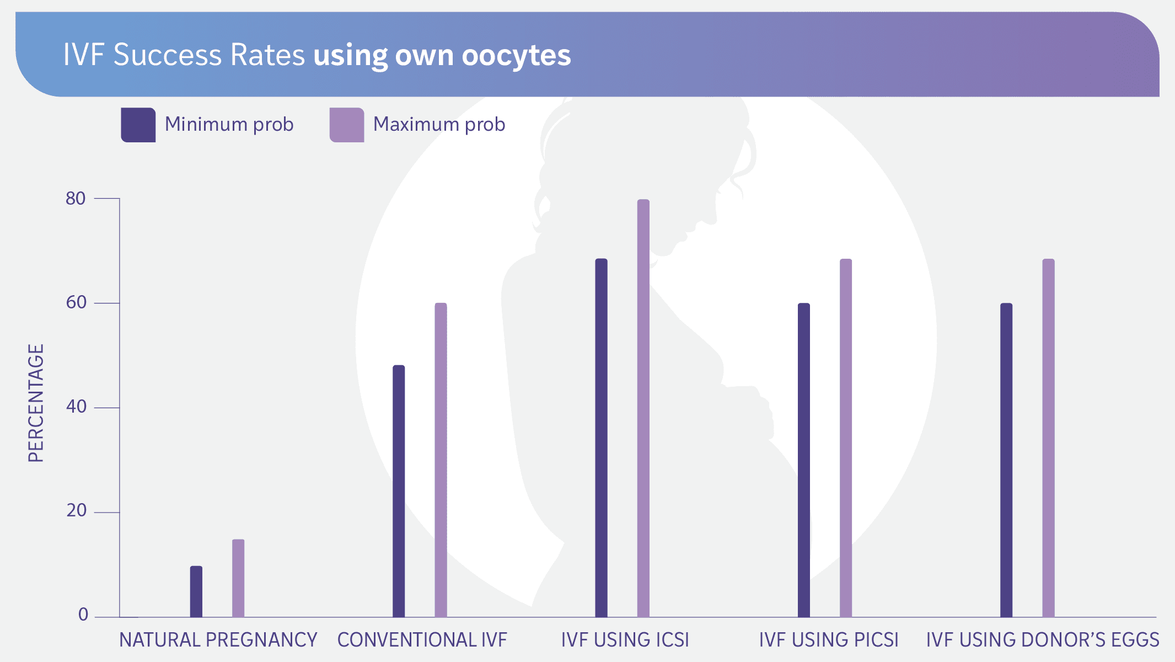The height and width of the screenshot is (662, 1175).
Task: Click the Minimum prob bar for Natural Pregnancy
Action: click(x=196, y=591)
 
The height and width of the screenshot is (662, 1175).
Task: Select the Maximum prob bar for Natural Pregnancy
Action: click(x=238, y=578)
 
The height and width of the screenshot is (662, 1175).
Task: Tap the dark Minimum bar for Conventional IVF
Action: click(x=399, y=491)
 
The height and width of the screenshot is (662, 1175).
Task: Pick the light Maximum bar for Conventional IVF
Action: click(x=441, y=460)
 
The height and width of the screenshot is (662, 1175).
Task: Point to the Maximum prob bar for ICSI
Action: click(x=643, y=408)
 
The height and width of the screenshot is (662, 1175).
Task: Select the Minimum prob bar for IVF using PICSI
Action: click(x=804, y=460)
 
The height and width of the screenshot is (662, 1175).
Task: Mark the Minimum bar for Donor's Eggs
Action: click(x=1006, y=460)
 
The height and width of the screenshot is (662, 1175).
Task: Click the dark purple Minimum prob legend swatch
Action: click(x=138, y=125)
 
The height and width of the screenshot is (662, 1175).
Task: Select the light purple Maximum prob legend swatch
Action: click(x=347, y=125)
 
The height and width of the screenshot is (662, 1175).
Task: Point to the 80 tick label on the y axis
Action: click(x=76, y=199)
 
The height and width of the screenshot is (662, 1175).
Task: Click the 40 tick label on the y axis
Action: click(x=76, y=407)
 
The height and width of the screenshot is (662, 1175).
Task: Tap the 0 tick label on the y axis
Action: click(x=83, y=615)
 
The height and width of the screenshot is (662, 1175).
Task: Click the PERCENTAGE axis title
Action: click(x=36, y=403)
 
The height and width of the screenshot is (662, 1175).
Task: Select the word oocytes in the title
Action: click(x=516, y=56)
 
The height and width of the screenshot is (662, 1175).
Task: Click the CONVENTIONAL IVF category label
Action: click(x=422, y=640)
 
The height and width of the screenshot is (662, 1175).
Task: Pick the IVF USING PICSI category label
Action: click(x=828, y=640)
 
